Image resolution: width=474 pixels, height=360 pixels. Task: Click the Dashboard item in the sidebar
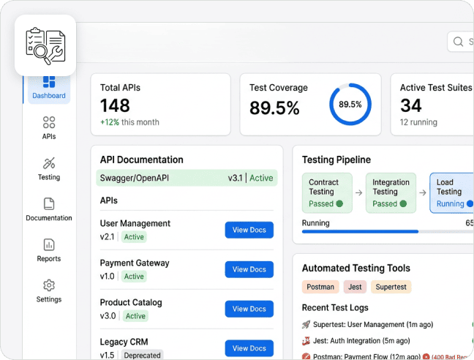pyautogui.click(x=49, y=87)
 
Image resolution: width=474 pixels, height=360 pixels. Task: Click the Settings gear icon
pyautogui.click(x=49, y=285)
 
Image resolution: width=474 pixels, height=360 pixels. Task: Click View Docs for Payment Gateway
pyautogui.click(x=249, y=269)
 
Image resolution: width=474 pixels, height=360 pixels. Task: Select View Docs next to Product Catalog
pyautogui.click(x=249, y=309)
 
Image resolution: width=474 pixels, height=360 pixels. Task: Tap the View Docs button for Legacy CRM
pyautogui.click(x=249, y=348)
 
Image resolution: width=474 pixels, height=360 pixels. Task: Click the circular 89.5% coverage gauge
pyautogui.click(x=350, y=105)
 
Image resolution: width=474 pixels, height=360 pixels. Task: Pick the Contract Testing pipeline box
pyautogui.click(x=327, y=192)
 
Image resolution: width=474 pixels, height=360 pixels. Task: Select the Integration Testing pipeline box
pyautogui.click(x=391, y=192)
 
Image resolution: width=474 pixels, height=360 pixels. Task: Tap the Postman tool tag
pyautogui.click(x=320, y=287)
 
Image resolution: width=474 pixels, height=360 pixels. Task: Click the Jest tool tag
pyautogui.click(x=355, y=287)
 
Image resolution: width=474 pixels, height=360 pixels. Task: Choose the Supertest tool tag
pyautogui.click(x=391, y=287)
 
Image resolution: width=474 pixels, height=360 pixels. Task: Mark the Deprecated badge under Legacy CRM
pyautogui.click(x=142, y=356)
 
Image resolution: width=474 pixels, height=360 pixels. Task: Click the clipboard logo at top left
pyautogui.click(x=45, y=45)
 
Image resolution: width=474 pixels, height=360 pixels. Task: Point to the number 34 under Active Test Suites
pyautogui.click(x=410, y=106)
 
